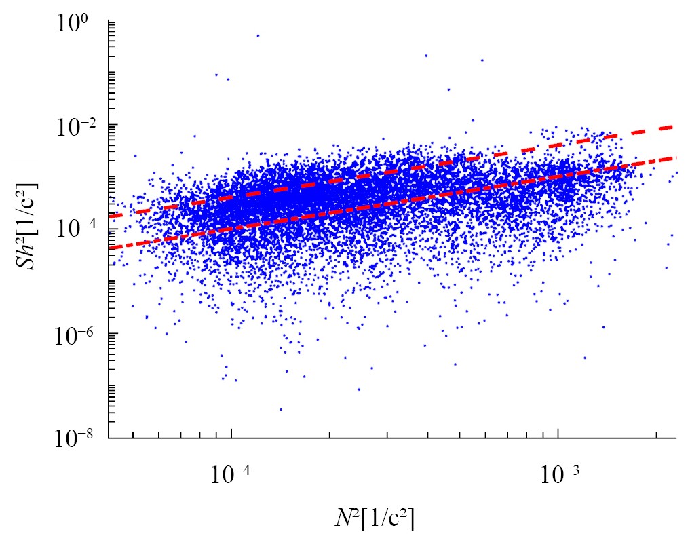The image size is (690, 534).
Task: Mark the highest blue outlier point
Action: coord(258,35)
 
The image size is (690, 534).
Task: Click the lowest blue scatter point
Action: coord(280,409)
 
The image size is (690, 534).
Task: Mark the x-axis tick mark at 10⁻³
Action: coord(558,434)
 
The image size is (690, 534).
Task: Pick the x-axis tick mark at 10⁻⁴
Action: coord(231,434)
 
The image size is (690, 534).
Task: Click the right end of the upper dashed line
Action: coord(673,126)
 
